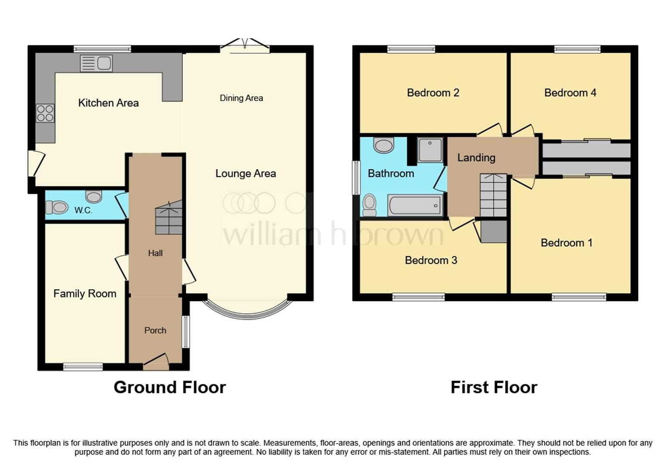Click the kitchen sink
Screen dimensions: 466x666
pos(96,63)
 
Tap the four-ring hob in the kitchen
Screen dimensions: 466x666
pos(45,113)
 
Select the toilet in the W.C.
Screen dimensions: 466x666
pos(57,208)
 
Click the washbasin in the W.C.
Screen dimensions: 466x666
pos(94,197)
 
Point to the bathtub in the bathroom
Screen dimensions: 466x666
pos(415,205)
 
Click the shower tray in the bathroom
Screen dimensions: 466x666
pos(430,150)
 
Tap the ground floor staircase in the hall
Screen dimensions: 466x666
pos(169,219)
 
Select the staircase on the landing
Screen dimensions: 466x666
pos(493,195)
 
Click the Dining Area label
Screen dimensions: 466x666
pos(241,98)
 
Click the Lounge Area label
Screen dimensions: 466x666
pos(245,173)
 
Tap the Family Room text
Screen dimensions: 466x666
pos(85,294)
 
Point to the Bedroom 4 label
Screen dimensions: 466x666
pos(570,93)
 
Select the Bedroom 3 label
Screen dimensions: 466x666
pos(430,260)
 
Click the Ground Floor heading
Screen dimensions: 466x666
pos(170,387)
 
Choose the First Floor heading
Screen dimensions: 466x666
pos(494,387)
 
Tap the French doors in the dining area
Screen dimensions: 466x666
pos(245,45)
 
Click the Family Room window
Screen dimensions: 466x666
pos(83,367)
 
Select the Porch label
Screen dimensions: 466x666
pos(155,331)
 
